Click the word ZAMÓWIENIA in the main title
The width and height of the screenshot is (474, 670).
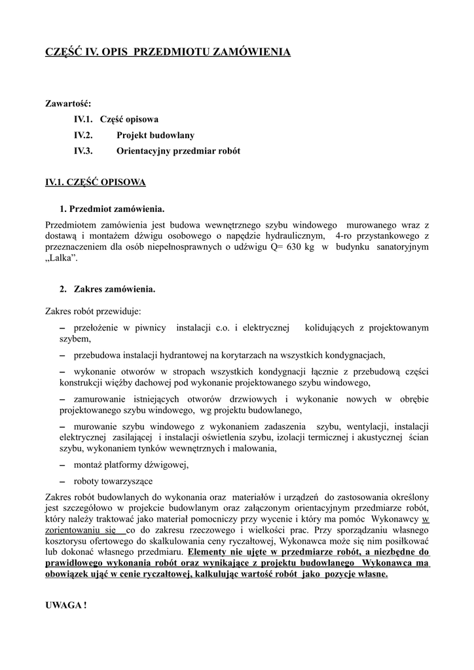(x=253, y=51)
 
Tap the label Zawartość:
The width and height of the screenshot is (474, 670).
(x=68, y=103)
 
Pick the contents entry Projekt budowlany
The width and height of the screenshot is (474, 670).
(x=155, y=135)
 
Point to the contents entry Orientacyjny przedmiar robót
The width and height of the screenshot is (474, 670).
(x=178, y=151)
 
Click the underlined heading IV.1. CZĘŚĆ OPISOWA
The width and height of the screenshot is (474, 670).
(x=95, y=183)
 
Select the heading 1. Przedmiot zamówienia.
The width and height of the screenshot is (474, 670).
(x=111, y=209)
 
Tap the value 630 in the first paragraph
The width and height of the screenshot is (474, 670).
(x=292, y=246)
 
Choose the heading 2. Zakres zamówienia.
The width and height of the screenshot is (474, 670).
(x=107, y=289)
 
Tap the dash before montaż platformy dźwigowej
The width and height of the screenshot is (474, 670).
(x=62, y=465)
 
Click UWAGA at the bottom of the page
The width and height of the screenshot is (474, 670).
(x=65, y=605)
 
